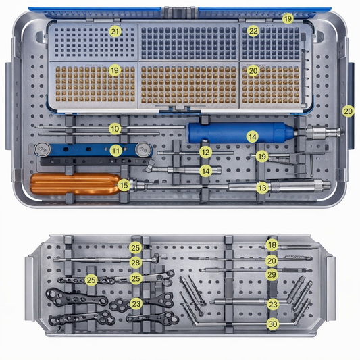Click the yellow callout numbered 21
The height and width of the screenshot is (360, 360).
115,31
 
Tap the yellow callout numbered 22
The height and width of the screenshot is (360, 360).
253,31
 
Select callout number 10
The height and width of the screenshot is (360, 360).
115,128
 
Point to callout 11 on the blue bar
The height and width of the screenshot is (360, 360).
116,150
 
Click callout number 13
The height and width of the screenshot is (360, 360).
262,188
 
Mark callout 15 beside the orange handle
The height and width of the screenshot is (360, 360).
124,184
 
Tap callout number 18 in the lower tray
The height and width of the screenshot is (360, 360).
272,245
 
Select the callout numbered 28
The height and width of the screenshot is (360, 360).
136,262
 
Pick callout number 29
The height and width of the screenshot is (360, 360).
272,275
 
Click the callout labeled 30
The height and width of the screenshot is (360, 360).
272,324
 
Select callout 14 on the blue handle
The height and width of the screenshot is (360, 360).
252,136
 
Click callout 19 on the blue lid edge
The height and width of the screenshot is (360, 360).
288,19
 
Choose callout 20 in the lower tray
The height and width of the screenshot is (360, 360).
272,260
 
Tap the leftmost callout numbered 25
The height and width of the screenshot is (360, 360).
92,279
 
